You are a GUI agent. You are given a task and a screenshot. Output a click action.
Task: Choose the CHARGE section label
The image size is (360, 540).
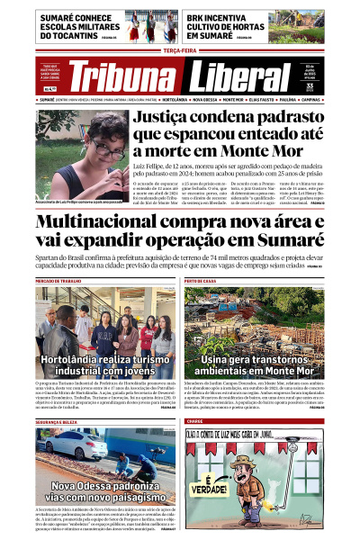click(x=194, y=422)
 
